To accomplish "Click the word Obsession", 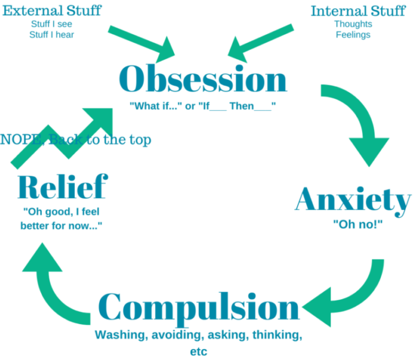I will pos(202,80).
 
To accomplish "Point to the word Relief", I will pos(62,187).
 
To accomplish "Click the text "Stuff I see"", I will pos(52,24).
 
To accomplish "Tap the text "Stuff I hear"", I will pos(52,35).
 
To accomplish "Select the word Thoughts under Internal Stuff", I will pos(353,24).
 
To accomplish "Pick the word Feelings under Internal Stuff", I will pos(353,35).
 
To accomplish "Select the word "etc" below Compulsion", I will pos(199,351).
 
